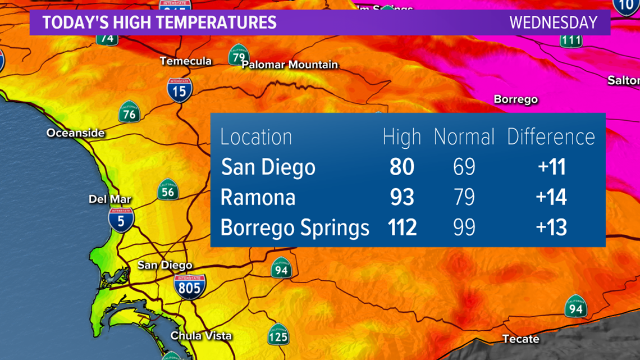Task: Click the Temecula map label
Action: click(186, 61)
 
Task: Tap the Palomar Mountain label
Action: click(290, 65)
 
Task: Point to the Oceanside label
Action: click(75, 133)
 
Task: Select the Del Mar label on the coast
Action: click(110, 199)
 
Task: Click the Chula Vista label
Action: click(201, 336)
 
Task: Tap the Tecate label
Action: click(520, 339)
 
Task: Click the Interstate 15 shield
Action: click(179, 89)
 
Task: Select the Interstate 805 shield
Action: click(189, 286)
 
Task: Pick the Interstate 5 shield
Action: click(121, 220)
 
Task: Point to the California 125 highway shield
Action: click(278, 335)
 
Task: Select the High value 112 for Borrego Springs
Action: click(402, 227)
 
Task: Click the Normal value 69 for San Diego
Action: click(464, 167)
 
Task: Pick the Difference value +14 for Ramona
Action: click(551, 197)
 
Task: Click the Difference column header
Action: click(550, 137)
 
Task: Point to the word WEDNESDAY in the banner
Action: click(553, 22)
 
